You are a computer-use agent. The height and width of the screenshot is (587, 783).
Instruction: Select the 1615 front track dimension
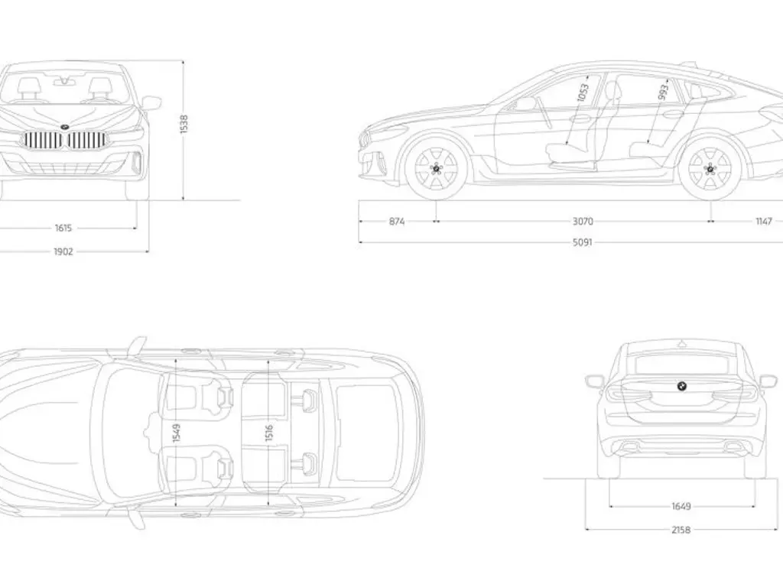pyautogui.click(x=63, y=227)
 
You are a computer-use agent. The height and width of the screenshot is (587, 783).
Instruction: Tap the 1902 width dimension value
pyautogui.click(x=63, y=251)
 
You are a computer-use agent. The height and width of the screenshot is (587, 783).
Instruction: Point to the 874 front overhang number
pyautogui.click(x=397, y=222)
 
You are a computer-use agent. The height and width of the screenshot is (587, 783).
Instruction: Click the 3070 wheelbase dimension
pyautogui.click(x=583, y=222)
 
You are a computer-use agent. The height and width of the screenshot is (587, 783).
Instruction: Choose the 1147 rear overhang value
pyautogui.click(x=763, y=222)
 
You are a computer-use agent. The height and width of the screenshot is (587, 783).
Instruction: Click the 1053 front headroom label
pyautogui.click(x=583, y=95)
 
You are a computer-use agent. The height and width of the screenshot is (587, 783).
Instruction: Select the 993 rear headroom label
pyautogui.click(x=662, y=93)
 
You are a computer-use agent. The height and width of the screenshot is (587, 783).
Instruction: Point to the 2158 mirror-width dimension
pyautogui.click(x=681, y=529)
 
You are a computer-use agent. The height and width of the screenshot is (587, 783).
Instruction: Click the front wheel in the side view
pyautogui.click(x=437, y=168)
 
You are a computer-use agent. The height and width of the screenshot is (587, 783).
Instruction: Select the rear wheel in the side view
pyautogui.click(x=709, y=169)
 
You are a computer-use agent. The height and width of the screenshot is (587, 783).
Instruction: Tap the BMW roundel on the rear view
pyautogui.click(x=681, y=387)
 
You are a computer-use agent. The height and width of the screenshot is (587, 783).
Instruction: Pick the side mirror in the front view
pyautogui.click(x=151, y=102)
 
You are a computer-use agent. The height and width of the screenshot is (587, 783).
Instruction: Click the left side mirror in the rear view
pyautogui.click(x=594, y=381)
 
